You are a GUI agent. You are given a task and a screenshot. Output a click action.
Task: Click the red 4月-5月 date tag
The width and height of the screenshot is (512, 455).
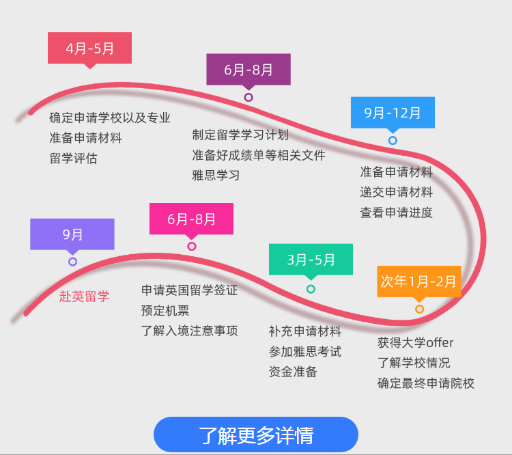90,48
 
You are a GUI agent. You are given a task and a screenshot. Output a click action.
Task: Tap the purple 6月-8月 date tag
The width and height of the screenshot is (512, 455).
248,70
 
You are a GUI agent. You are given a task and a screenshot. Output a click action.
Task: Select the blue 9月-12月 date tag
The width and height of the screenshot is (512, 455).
393,113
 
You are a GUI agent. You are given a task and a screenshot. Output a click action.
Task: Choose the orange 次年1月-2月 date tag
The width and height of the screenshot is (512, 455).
419,281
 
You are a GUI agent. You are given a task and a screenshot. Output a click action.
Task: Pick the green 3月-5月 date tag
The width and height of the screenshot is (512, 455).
311,260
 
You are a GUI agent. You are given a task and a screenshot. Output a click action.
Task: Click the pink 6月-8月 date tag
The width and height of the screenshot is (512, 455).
191,219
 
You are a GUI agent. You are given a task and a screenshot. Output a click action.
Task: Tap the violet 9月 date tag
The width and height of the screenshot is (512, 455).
72,234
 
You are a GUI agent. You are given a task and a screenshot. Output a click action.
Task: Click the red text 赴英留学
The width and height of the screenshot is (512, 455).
84,297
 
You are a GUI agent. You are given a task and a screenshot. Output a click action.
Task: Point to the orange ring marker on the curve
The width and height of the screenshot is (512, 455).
420,309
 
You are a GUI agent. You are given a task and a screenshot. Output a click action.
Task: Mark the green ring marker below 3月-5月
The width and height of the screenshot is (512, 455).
311,289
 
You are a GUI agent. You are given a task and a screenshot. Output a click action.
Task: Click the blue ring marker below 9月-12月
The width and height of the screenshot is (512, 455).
393,141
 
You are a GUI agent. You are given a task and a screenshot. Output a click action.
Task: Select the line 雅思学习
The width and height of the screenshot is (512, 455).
216,176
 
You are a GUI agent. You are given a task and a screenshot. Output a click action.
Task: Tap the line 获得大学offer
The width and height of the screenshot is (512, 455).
416,342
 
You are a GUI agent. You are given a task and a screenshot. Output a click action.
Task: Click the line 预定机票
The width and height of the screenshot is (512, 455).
165,311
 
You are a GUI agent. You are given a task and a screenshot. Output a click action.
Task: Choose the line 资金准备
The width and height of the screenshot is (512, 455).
293,372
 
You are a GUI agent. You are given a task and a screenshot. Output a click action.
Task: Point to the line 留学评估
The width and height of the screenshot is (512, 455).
74,158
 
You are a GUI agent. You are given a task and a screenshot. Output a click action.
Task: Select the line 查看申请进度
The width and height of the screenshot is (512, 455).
397,212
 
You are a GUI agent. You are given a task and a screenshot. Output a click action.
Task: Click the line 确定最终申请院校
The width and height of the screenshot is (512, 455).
426,383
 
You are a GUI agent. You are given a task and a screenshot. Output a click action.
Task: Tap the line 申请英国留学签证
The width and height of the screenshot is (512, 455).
189,290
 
